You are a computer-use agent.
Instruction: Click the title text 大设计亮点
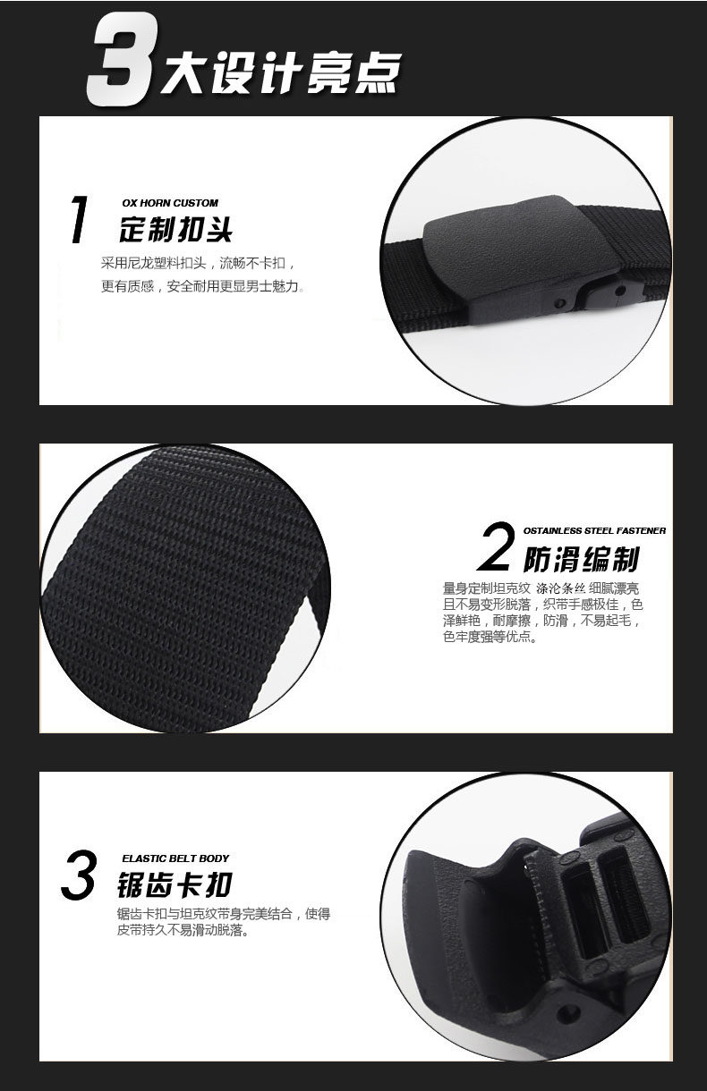click(x=281, y=72)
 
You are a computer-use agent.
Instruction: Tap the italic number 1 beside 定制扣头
click(x=79, y=219)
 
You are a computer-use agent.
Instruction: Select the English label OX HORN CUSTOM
click(x=170, y=203)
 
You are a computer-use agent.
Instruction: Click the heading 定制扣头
click(x=175, y=229)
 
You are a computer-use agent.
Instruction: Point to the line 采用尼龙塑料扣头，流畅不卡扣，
click(x=198, y=264)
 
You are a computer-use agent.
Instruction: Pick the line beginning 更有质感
click(x=203, y=286)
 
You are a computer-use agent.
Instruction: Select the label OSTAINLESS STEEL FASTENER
click(x=594, y=531)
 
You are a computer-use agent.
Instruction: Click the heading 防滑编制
click(x=581, y=559)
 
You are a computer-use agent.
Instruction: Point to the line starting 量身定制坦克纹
click(x=541, y=588)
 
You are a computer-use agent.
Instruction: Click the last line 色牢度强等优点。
click(x=490, y=637)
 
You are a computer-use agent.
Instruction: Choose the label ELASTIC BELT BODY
click(x=175, y=858)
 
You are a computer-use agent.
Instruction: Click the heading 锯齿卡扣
click(x=175, y=885)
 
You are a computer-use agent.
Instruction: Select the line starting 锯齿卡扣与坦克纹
click(x=224, y=914)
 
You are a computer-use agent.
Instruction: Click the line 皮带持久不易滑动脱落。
click(x=183, y=930)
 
